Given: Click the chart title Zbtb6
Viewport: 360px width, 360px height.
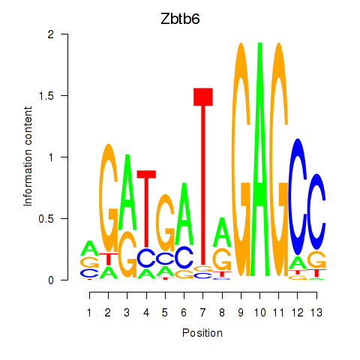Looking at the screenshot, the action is (180, 19).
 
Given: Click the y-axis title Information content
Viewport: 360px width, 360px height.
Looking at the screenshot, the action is (28, 157).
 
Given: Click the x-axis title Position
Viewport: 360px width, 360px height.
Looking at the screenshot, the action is (202, 333).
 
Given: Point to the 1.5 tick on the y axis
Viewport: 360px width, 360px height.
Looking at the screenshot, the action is (64, 95).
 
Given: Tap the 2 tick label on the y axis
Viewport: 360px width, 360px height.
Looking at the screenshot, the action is (51, 34).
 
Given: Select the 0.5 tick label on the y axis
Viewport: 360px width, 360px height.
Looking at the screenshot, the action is (46, 219).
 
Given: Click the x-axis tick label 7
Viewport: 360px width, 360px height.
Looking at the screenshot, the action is (202, 313).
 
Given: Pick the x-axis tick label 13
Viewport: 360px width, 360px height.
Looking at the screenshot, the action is (316, 313).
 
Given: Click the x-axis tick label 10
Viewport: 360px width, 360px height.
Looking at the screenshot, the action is (259, 313).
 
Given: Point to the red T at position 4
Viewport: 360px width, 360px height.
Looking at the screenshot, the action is (146, 209).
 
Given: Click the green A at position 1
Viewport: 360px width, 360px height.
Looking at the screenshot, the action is (89, 248).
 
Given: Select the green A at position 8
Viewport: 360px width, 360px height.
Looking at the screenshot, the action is (222, 232).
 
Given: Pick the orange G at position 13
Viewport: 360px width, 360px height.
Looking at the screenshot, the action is (316, 260).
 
